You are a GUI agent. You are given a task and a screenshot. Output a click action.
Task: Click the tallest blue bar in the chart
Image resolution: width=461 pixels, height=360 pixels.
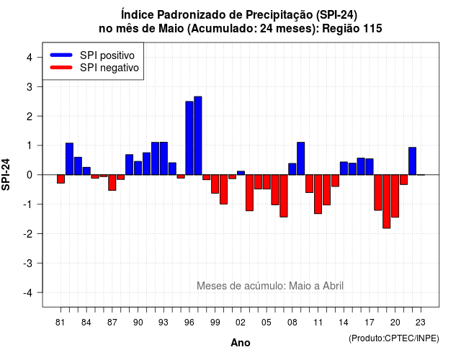[x=198, y=135]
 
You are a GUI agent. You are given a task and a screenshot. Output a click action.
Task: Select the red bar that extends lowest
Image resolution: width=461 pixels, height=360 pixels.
[x=387, y=202]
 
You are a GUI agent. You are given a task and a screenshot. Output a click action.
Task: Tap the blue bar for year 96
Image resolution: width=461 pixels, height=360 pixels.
[x=189, y=138]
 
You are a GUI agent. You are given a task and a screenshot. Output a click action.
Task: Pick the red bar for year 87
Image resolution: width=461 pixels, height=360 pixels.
[x=112, y=182]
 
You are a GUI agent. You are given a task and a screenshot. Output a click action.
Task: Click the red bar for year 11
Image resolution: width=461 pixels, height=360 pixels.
[x=318, y=194]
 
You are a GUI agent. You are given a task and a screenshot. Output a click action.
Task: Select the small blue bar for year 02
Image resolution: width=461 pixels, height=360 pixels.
[x=241, y=173]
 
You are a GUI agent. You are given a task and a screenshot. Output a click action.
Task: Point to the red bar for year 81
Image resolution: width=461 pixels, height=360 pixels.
[x=61, y=179]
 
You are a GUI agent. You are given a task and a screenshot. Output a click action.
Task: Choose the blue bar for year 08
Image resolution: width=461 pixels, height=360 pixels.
[x=292, y=169]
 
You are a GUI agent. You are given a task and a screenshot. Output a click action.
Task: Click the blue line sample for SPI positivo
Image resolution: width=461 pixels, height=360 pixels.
[x=61, y=55]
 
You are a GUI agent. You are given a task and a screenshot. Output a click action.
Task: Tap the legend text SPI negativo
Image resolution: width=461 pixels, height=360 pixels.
[x=109, y=68]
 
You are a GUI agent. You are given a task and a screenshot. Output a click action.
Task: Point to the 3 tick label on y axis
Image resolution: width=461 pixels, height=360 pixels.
[x=30, y=87]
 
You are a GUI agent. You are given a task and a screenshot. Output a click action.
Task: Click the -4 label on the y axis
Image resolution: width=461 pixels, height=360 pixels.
[x=28, y=293]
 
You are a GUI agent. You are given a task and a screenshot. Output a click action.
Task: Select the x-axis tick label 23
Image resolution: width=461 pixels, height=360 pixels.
[x=421, y=323]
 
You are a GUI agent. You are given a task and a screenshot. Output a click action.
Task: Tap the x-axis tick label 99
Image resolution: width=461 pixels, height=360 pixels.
[x=215, y=323]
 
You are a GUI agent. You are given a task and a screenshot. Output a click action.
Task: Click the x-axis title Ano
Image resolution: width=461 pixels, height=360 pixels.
[x=241, y=343]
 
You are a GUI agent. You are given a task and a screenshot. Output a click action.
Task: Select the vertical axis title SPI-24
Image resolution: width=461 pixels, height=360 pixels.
[x=6, y=174]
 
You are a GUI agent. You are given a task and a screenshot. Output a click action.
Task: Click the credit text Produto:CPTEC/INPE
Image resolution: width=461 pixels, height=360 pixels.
[x=394, y=338]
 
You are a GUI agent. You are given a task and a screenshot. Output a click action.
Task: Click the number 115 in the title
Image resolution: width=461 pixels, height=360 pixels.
[x=372, y=29]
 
